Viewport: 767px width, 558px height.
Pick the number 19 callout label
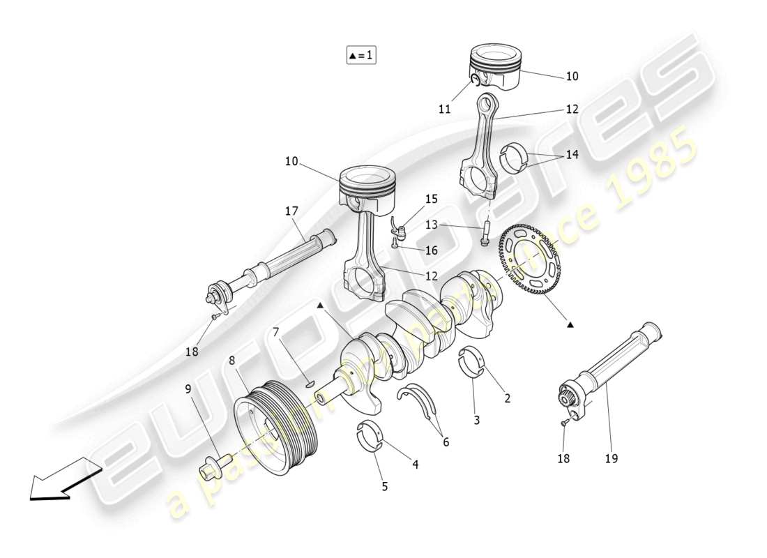point(612,458)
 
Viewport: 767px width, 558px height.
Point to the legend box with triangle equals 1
point(361,55)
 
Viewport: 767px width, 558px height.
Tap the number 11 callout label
point(445,109)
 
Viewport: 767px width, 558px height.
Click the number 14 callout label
point(572,155)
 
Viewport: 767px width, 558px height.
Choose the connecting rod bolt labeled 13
point(484,234)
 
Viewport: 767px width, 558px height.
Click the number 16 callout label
point(432,250)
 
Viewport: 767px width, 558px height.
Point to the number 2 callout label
point(507,398)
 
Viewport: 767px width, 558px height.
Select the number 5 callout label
point(384,487)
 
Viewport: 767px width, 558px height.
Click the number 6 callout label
point(446,442)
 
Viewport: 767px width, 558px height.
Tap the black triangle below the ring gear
point(570,324)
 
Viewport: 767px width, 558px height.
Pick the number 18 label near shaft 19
point(563,458)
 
